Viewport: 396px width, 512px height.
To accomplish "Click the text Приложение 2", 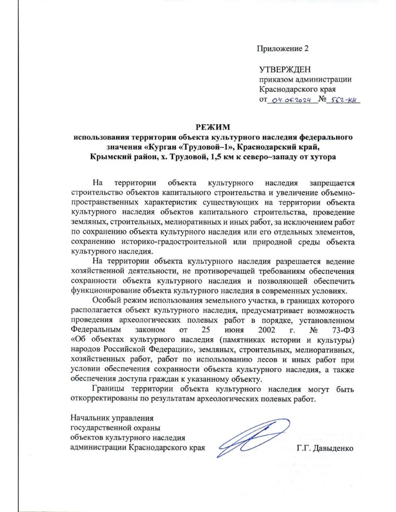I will pos(283,49).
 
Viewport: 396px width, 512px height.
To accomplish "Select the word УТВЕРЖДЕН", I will pos(284,70).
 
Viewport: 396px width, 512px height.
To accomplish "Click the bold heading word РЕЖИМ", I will pos(213,127).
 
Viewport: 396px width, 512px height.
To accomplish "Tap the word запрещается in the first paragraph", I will pos(332,183).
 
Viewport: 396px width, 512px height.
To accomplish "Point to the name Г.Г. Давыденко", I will pos(325,448).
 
